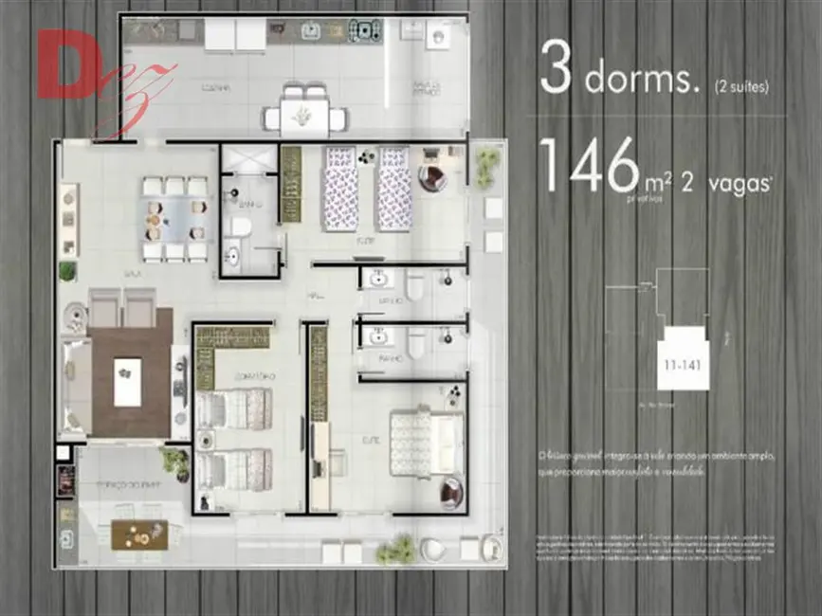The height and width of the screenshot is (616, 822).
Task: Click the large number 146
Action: click(588, 166)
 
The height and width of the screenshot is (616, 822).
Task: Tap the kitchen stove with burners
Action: click(364, 31)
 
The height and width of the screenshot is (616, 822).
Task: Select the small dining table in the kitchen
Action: click(304, 116)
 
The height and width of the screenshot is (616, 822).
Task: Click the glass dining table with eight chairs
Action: click(174, 220)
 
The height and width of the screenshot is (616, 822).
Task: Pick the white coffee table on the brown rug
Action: click(127, 381)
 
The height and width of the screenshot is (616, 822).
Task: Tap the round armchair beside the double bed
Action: click(451, 491)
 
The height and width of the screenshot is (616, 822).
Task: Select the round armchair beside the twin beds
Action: click(434, 177)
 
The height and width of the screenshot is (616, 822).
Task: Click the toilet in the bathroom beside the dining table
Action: click(241, 227)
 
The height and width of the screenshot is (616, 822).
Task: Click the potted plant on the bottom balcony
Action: click(396, 549)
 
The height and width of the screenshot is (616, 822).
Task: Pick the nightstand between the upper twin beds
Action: click(367, 155)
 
